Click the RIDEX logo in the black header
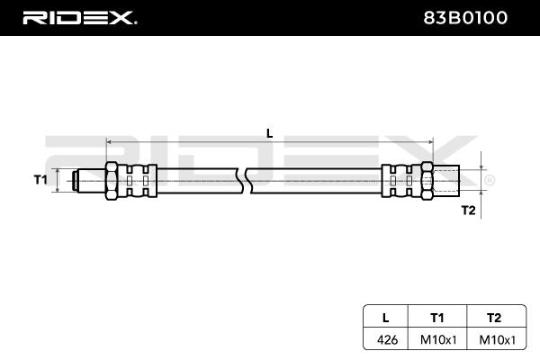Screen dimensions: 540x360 (79, 18)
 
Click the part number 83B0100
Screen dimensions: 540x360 (465, 18)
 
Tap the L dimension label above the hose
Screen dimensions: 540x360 (270, 133)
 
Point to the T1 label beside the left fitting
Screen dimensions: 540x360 (40, 179)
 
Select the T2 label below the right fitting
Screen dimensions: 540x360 (468, 210)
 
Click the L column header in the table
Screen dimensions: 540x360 (386, 318)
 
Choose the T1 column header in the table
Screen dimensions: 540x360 (437, 318)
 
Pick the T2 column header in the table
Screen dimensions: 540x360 (494, 318)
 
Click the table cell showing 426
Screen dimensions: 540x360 (387, 339)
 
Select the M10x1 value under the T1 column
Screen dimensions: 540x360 (438, 339)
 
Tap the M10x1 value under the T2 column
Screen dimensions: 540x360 (498, 339)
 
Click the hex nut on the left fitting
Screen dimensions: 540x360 (112, 181)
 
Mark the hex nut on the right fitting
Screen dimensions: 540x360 (427, 181)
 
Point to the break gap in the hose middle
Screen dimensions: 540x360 (245, 181)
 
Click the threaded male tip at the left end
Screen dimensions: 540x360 (89, 181)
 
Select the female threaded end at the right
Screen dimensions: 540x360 (446, 181)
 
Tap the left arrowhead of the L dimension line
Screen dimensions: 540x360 (109, 141)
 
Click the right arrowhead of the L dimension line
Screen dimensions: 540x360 (430, 141)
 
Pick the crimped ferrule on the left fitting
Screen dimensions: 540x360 (138, 181)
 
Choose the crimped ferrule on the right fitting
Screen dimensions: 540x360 (401, 181)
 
